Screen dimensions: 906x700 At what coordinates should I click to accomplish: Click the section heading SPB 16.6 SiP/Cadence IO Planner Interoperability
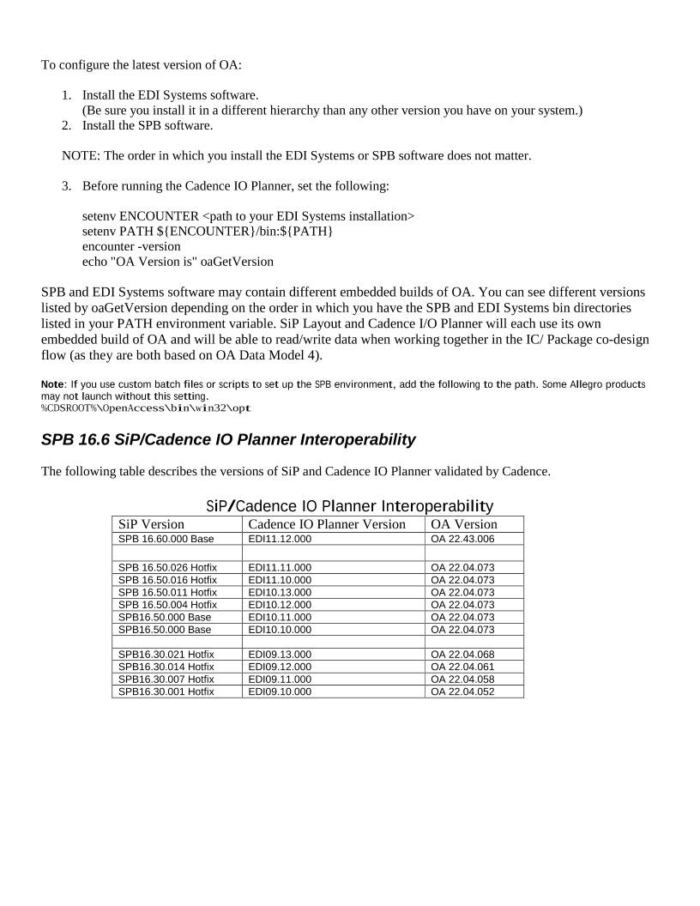(x=228, y=440)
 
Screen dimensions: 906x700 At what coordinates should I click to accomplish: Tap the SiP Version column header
(x=151, y=524)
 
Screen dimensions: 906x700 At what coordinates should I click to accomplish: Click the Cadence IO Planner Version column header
(x=327, y=524)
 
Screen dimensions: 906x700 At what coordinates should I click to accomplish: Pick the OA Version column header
(x=463, y=524)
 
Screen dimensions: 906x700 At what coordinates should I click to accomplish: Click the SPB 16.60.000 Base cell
(x=166, y=539)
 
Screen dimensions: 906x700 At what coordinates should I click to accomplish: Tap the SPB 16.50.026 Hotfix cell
(x=167, y=568)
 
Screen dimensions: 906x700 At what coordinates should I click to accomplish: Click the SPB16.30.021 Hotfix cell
(x=166, y=655)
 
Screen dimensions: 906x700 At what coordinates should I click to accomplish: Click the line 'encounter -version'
(x=131, y=246)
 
